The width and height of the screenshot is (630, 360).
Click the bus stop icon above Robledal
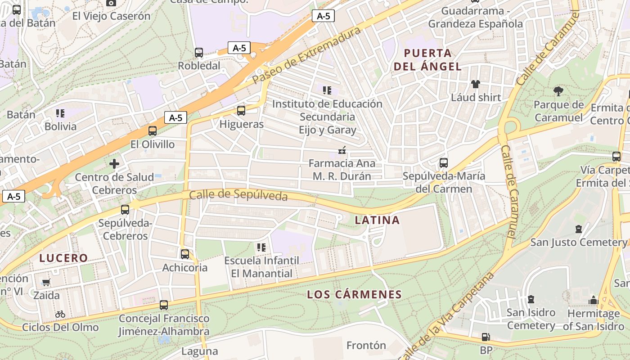[x=199, y=53]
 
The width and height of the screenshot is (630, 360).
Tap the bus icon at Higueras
[x=241, y=111]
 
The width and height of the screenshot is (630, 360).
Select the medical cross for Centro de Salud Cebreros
[x=114, y=164]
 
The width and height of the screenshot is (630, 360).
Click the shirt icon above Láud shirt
[x=476, y=84]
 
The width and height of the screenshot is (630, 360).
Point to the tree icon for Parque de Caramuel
[x=558, y=92]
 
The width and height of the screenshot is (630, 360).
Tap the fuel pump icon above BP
[x=486, y=337]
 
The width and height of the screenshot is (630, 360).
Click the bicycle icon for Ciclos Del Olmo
[x=60, y=314]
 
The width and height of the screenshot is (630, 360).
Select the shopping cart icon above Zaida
[x=46, y=283]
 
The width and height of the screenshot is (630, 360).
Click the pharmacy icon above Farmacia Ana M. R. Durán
[x=342, y=150]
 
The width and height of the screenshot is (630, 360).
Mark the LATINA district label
[x=377, y=220]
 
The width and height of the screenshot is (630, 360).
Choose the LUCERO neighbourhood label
[x=63, y=258]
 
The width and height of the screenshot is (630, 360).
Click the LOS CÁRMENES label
[x=354, y=295]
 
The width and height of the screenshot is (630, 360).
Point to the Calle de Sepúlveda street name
[x=238, y=195]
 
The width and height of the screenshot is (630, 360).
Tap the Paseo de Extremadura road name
[x=307, y=55]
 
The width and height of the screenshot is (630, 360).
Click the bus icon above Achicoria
[x=185, y=254]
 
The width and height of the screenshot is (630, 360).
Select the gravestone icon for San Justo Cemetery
[x=579, y=229]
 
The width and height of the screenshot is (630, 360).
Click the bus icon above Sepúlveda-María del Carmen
[x=444, y=163]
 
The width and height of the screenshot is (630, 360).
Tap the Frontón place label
[x=366, y=346]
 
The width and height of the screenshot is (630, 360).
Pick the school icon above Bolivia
[x=60, y=113]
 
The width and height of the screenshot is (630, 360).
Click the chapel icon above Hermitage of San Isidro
[x=593, y=301]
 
